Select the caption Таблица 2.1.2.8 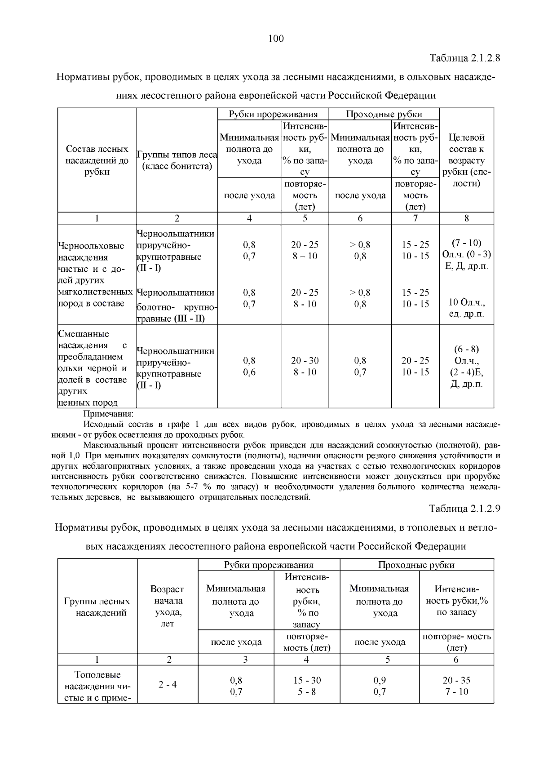coord(465,58)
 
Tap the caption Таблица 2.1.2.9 coord(464,509)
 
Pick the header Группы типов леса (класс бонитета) coord(177,161)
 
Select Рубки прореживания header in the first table coord(273,114)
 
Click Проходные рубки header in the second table coord(416,565)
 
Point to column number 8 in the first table coord(466,218)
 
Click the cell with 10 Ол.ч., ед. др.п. coord(467,308)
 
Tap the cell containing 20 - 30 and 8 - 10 coord(305,366)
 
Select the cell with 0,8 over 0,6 coord(249,366)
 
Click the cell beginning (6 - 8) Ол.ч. coord(467,367)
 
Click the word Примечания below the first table coord(109,414)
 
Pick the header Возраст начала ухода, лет coord(167,606)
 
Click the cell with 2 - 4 coord(168,685)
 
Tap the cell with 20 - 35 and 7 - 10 coord(456,686)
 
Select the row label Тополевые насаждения coord(97,686)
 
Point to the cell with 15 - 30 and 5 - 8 coord(307,686)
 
